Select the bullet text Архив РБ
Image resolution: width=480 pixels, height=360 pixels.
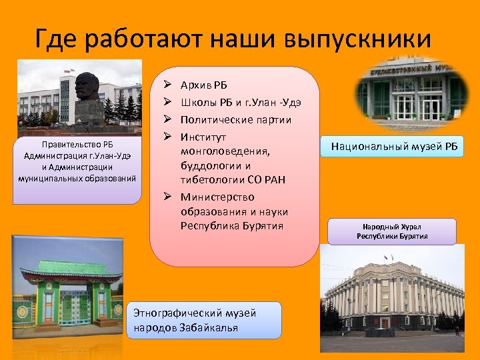pyautogui.click(x=204, y=85)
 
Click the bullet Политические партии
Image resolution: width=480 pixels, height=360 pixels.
pyautogui.click(x=236, y=120)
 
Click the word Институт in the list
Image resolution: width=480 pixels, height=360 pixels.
pyautogui.click(x=203, y=137)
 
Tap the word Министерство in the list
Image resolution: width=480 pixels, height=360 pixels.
pyautogui.click(x=217, y=197)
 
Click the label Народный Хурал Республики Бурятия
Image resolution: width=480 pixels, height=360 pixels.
pyautogui.click(x=392, y=231)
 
